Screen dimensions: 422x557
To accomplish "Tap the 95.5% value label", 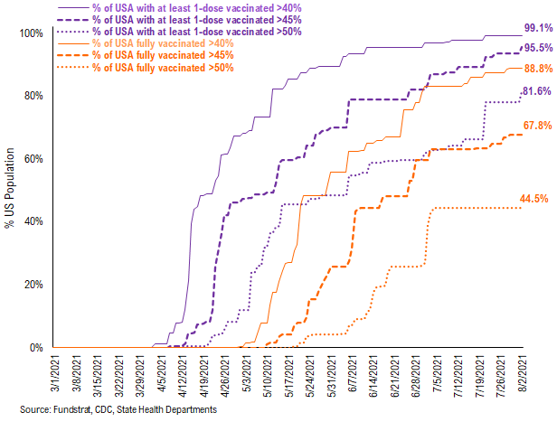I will (x=535, y=48).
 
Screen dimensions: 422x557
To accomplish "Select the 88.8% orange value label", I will (x=535, y=69).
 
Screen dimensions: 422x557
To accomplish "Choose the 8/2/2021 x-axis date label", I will (x=520, y=374).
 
